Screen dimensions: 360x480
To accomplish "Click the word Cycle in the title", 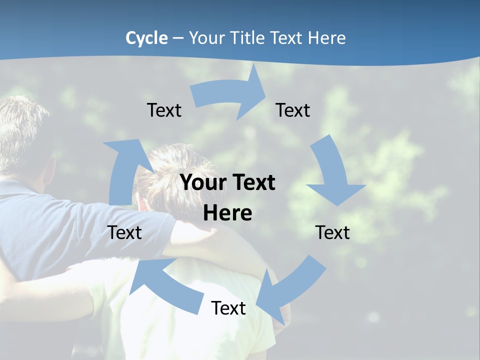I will tap(146, 38).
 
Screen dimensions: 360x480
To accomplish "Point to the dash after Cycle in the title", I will tap(178, 38).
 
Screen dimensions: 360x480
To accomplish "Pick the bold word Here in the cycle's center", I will tap(227, 213).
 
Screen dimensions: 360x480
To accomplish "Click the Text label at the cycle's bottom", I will tap(228, 308).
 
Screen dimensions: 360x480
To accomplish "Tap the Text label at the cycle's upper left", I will tap(164, 110).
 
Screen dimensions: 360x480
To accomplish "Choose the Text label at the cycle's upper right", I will tap(293, 110).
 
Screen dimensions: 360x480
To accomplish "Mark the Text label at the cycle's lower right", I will tap(332, 233).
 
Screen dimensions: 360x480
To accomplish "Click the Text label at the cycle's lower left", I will tap(124, 233).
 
